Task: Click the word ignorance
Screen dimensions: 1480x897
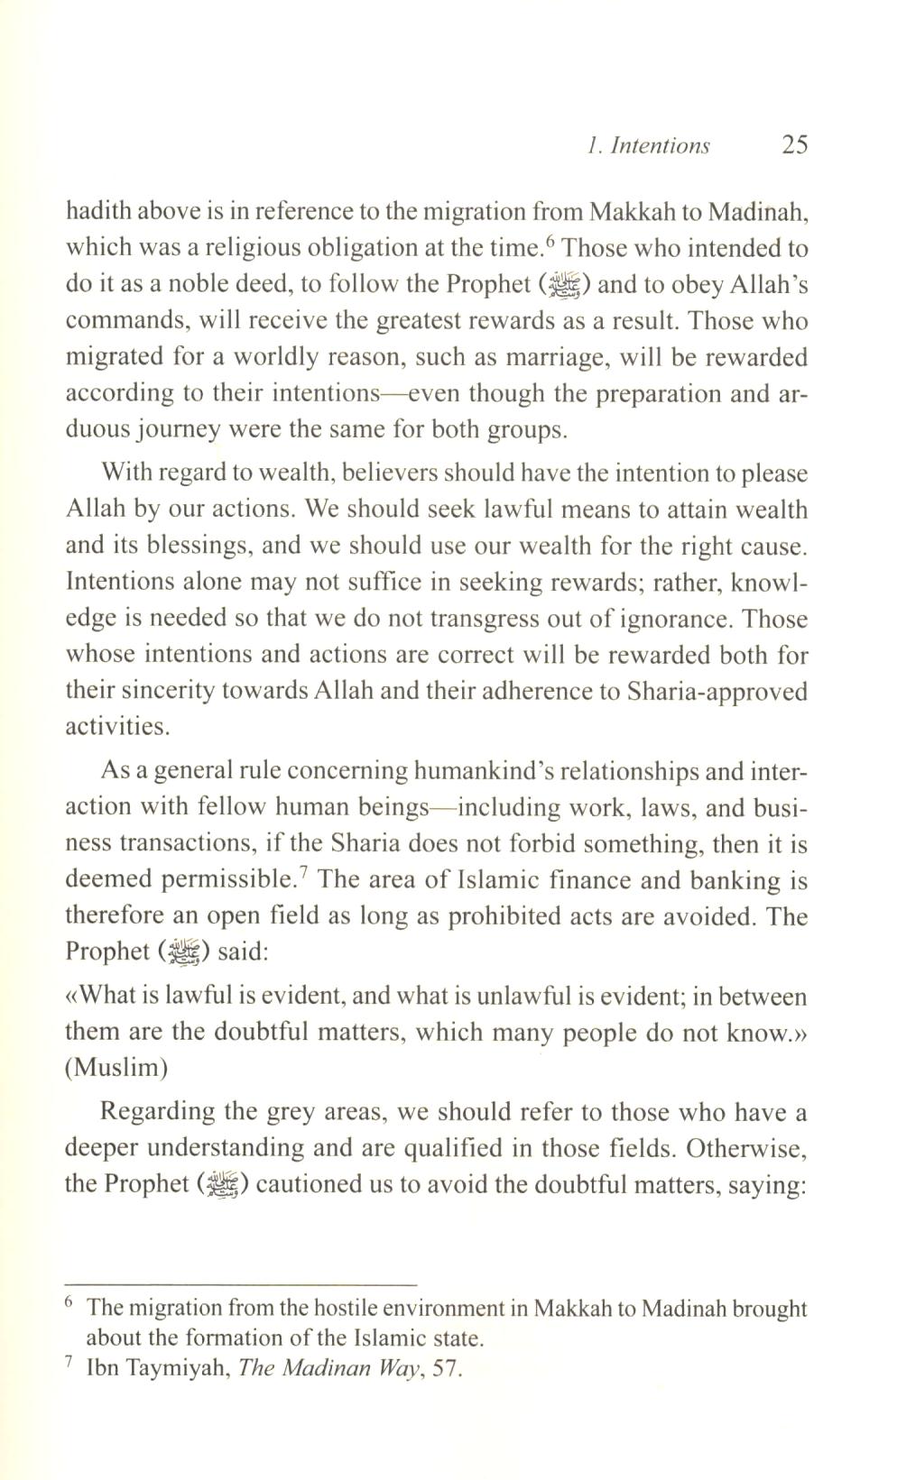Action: [671, 619]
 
